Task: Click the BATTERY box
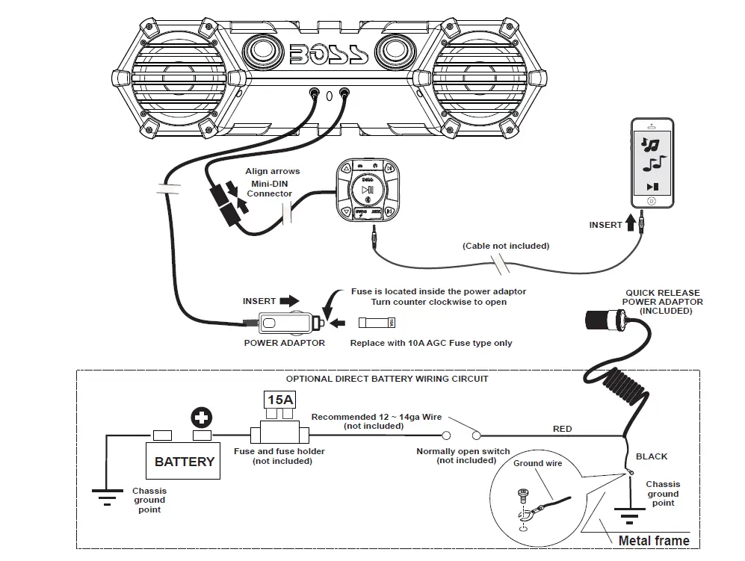click(x=184, y=462)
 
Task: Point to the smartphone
click(x=652, y=163)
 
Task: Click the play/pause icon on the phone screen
click(x=652, y=187)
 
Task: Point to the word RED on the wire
click(x=562, y=429)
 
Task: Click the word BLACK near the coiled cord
click(x=651, y=456)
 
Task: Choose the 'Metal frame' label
click(x=654, y=540)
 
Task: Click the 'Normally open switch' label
click(x=463, y=451)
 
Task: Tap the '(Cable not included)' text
click(x=505, y=246)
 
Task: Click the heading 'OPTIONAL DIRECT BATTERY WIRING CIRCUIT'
click(x=387, y=379)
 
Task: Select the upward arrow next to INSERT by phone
click(x=631, y=221)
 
